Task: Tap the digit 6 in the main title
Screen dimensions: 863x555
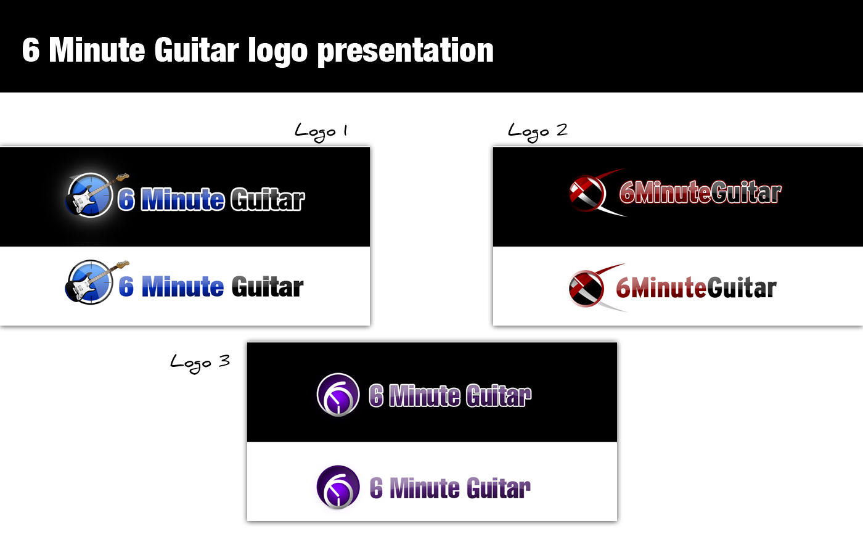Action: tap(31, 49)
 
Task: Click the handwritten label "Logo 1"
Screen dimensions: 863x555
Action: tap(321, 132)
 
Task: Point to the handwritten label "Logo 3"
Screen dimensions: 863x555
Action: tap(200, 363)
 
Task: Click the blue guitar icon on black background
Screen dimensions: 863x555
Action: tap(96, 194)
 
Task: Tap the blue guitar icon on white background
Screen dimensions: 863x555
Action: tap(96, 282)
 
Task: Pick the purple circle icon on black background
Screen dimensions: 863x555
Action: tap(338, 395)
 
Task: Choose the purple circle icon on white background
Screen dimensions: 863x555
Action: tap(338, 487)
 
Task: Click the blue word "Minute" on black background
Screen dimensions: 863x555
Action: tap(182, 199)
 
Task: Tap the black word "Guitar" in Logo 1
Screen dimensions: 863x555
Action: tap(268, 287)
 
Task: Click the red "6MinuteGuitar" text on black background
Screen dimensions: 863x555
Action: tap(700, 192)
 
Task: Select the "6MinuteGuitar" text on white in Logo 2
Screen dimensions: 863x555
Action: tap(696, 288)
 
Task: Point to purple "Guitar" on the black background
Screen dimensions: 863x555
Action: tap(499, 395)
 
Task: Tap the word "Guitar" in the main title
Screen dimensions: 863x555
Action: tap(197, 50)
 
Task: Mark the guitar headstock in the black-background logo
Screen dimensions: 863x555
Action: tap(123, 177)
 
